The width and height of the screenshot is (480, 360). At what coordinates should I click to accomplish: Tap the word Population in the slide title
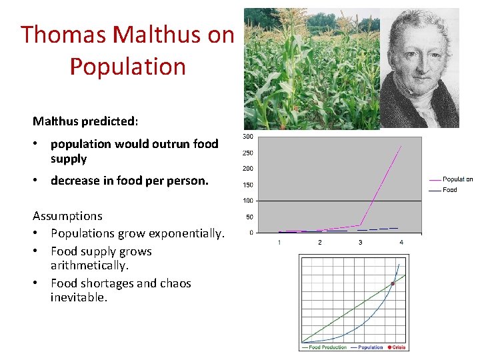[127, 67]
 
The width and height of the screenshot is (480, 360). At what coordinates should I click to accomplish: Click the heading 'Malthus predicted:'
[85, 121]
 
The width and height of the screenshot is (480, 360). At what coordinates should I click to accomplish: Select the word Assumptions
[67, 216]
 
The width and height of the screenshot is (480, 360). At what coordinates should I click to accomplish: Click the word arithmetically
[89, 265]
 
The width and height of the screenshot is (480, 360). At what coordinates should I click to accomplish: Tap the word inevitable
[79, 297]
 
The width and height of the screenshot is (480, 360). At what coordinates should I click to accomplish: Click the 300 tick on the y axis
[247, 137]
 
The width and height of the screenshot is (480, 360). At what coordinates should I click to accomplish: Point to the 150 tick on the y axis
[247, 185]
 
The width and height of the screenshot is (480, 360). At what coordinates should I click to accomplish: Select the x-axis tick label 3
[361, 242]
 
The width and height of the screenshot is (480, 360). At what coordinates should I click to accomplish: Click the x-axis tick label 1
[279, 242]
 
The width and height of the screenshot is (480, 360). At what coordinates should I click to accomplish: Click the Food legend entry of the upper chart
[449, 190]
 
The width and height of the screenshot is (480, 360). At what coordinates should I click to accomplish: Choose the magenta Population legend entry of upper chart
[457, 179]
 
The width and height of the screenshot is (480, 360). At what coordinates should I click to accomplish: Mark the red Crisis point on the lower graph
[393, 283]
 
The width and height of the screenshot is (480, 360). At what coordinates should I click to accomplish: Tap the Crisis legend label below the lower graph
[398, 347]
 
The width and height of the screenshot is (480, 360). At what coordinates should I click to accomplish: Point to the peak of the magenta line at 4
[401, 145]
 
